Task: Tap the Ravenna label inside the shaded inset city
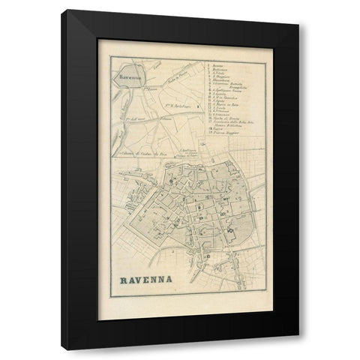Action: pyautogui.click(x=125, y=76)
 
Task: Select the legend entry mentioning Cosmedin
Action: pyautogui.click(x=219, y=97)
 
